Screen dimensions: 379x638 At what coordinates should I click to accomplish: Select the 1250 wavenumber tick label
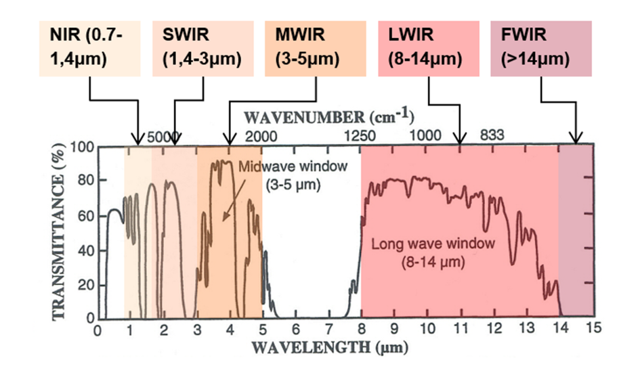[359, 136]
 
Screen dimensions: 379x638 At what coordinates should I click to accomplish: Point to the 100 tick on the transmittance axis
[83, 148]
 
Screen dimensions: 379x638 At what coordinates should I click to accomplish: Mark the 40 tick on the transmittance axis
[86, 250]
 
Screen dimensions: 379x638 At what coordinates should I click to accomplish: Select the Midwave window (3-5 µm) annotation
[291, 173]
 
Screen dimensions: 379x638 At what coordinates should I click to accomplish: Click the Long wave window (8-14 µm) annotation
[433, 250]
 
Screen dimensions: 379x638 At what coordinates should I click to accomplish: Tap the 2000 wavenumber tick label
[261, 136]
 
